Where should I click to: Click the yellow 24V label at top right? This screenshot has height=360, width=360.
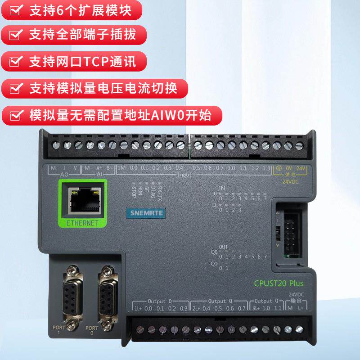301,168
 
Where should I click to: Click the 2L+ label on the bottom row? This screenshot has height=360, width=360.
196,308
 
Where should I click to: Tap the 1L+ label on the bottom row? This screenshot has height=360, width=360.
137,308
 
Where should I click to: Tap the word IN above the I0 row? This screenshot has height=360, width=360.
221,188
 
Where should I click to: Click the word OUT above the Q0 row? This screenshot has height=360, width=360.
223,247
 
